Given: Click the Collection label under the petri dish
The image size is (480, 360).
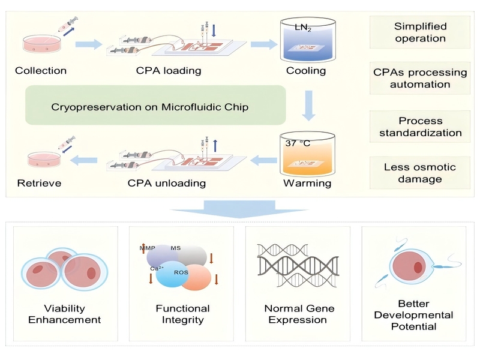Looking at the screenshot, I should click(x=41, y=71).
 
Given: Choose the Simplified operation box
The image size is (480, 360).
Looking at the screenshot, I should click(x=420, y=32).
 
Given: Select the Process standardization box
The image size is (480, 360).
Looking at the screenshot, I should click(x=420, y=126).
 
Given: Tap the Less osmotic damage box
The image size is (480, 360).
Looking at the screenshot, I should click(x=420, y=173).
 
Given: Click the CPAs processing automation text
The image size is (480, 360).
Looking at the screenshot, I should click(x=420, y=79).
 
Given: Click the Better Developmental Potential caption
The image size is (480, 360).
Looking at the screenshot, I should click(x=413, y=315).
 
